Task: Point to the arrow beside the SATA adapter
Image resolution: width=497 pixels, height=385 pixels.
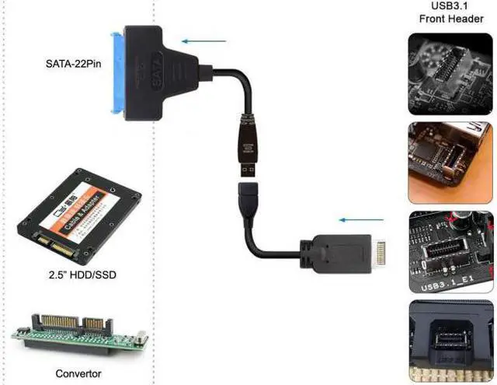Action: coord(203,41)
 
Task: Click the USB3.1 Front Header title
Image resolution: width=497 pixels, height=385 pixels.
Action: coord(451,13)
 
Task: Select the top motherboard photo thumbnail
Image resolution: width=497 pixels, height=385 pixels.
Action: coord(450,70)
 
